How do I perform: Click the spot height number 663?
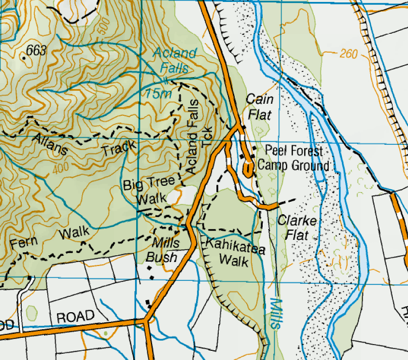point(37,50)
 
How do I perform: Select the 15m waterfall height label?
point(158,94)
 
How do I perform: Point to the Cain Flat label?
point(260,107)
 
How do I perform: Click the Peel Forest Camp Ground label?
point(294,158)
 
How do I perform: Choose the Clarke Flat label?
point(297,228)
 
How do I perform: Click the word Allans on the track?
point(50,144)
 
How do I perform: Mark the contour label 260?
point(349,53)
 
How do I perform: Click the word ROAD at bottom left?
point(75,317)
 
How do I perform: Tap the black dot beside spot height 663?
point(24,57)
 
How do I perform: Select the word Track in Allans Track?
point(119,148)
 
